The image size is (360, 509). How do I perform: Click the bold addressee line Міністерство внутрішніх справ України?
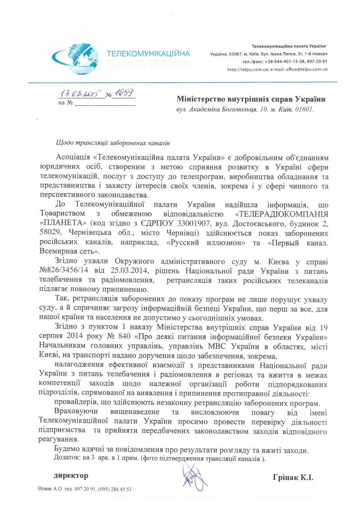[x=251, y=99]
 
